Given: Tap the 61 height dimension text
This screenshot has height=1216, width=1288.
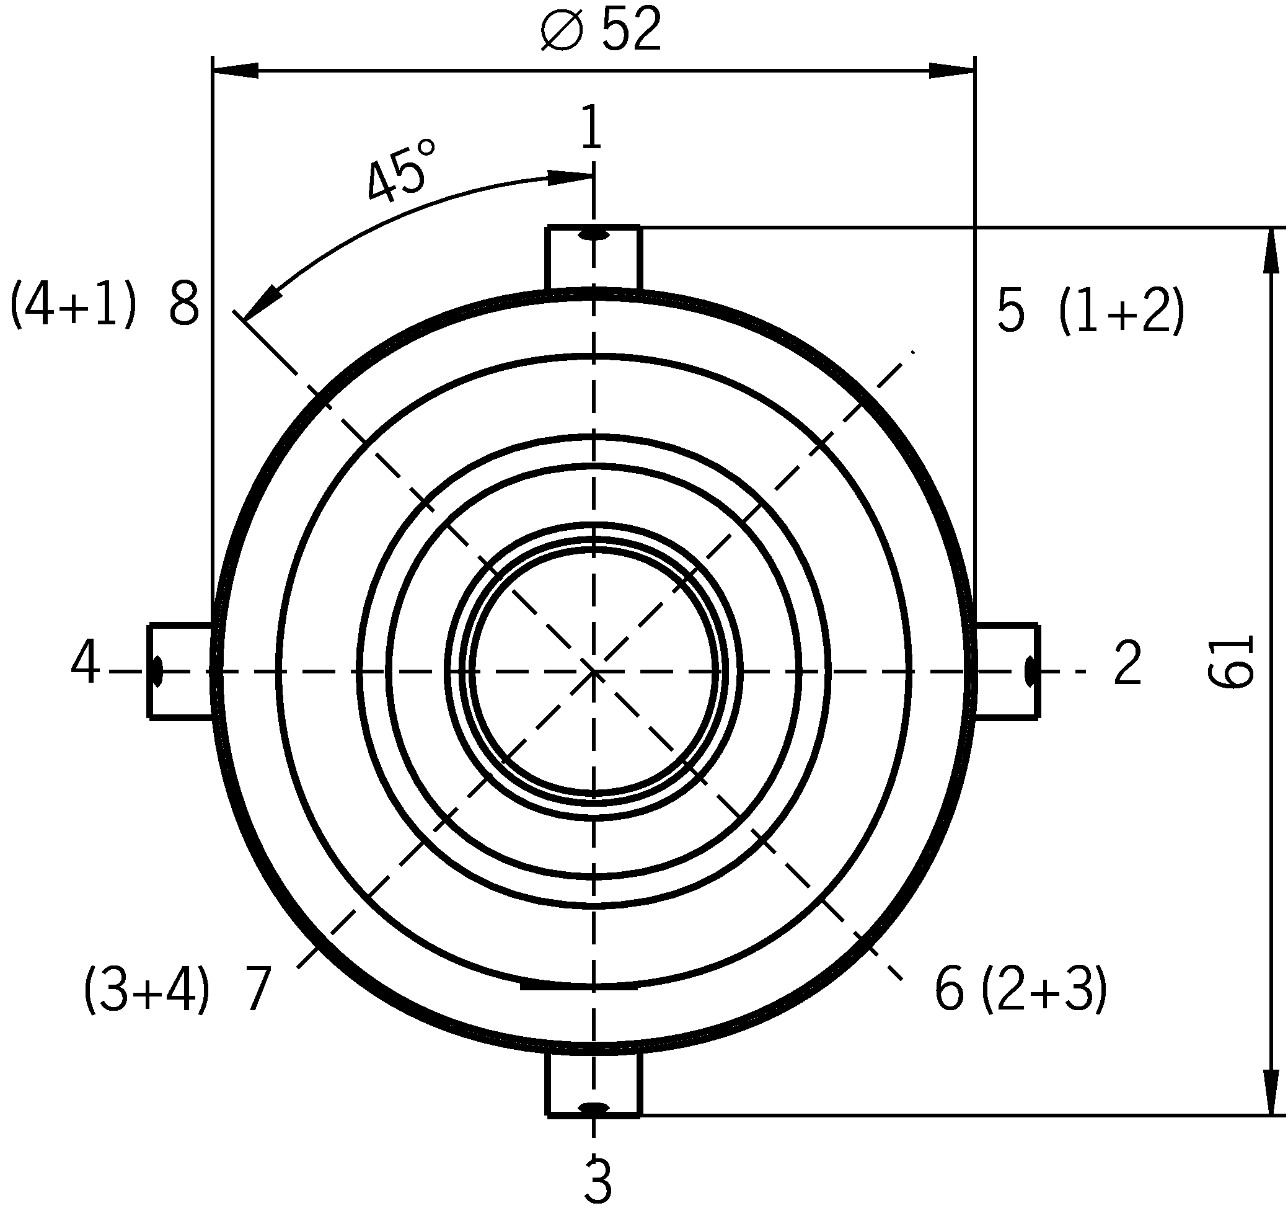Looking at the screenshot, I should click(x=1232, y=661).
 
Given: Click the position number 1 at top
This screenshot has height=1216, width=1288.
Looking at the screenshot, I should click(x=590, y=127).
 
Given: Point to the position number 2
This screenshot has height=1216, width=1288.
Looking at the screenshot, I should click(x=1128, y=663).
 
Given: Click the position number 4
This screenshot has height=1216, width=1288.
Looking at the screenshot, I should click(x=85, y=662).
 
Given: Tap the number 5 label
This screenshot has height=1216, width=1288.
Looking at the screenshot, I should click(x=1012, y=312).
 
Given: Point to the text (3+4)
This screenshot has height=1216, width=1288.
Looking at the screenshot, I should click(x=147, y=989).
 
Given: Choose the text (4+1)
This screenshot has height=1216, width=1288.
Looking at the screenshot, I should click(x=73, y=304).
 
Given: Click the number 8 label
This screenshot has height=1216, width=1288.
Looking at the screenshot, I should click(x=184, y=304).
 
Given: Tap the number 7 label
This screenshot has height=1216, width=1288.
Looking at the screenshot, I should click(x=257, y=989).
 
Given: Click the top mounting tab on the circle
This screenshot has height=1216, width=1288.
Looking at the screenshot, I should click(x=593, y=258).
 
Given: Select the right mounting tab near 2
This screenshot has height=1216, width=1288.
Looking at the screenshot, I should click(x=1007, y=671).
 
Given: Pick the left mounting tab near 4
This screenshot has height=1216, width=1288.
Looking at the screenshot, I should click(x=180, y=671).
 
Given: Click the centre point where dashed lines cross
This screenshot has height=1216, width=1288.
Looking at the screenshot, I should click(x=593, y=672).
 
